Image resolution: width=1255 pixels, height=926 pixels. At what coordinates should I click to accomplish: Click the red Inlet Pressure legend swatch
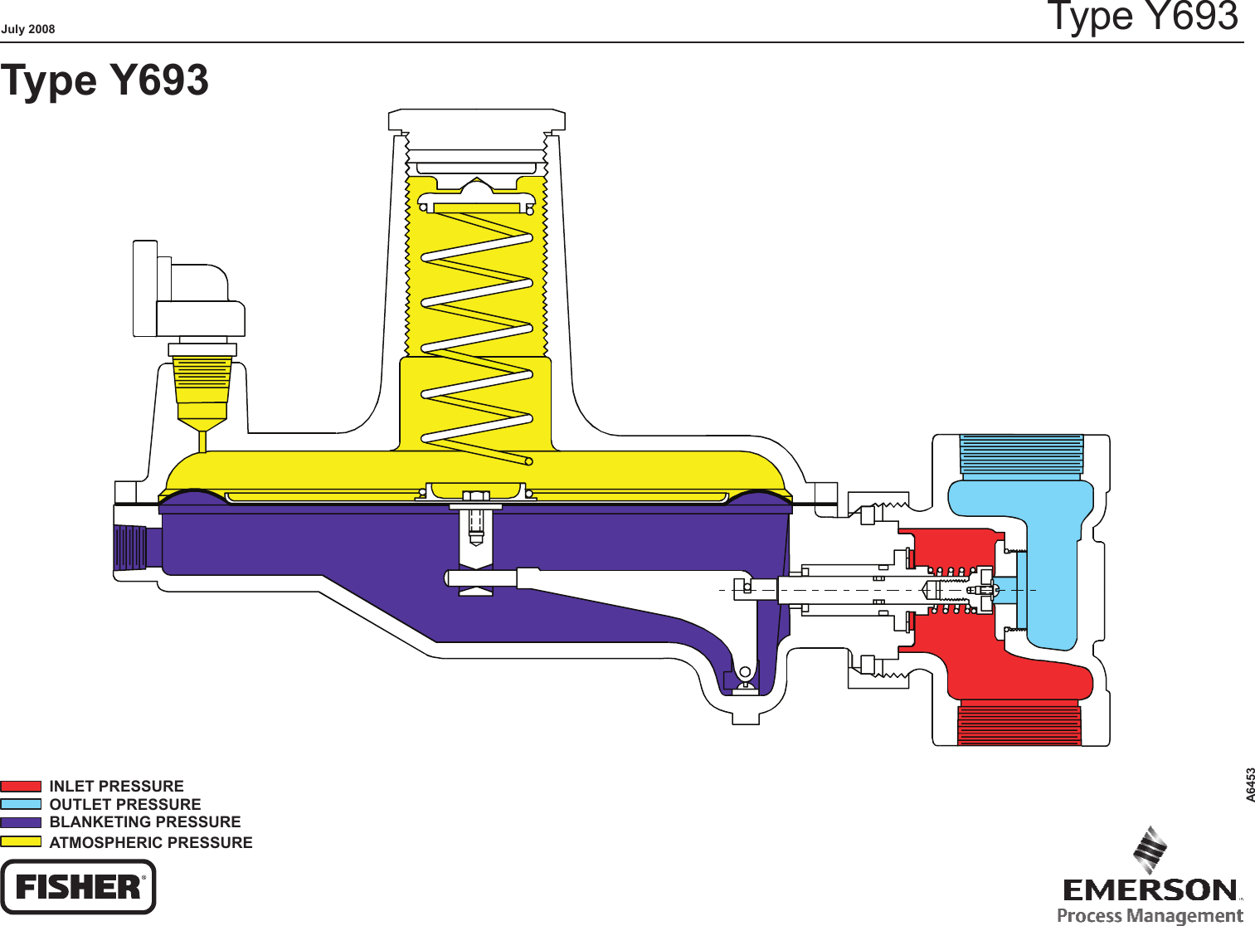click(x=21, y=786)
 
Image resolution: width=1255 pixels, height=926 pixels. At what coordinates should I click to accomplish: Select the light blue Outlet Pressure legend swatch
click(x=21, y=804)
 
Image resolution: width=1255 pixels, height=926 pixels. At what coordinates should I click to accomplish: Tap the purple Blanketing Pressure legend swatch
click(x=21, y=822)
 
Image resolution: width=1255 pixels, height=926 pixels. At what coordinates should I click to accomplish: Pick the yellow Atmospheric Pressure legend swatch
click(x=21, y=841)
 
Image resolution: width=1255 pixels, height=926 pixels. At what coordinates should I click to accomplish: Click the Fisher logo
click(x=78, y=887)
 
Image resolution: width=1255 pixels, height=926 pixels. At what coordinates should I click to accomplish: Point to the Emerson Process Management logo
click(x=1151, y=880)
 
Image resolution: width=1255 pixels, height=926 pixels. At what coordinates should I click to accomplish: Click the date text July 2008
click(x=27, y=29)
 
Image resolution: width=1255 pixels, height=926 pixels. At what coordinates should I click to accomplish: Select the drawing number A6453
click(x=1250, y=785)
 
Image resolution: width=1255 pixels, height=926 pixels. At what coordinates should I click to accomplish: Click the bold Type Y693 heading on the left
click(x=105, y=80)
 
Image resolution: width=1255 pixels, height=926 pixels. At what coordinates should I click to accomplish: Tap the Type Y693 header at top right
click(x=1142, y=17)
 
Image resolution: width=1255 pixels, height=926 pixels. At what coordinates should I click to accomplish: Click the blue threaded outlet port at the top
click(x=1021, y=456)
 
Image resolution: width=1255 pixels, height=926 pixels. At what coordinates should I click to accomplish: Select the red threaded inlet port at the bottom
click(x=1019, y=723)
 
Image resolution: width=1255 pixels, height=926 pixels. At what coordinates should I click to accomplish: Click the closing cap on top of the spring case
click(x=476, y=121)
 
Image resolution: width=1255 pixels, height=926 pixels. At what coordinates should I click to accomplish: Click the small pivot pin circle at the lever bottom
click(x=745, y=672)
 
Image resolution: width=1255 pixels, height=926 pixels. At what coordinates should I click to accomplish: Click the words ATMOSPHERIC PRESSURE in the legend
click(x=151, y=842)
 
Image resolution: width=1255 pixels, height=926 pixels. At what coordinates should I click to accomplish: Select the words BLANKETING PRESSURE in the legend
click(x=145, y=822)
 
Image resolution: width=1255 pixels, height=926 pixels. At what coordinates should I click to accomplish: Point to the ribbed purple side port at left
click(x=130, y=548)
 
